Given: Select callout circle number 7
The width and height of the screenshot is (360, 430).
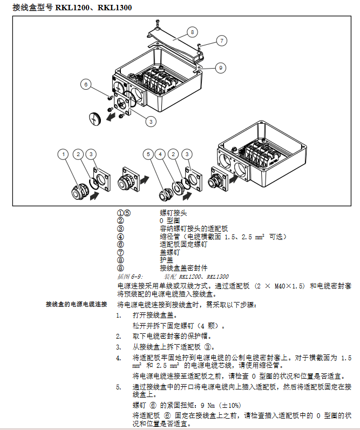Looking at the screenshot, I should click(221, 40).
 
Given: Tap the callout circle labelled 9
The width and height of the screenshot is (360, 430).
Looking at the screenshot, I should click(220, 68).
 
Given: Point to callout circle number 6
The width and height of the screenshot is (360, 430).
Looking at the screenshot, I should click(86, 84).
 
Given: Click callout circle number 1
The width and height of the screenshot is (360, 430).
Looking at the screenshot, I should click(64, 154).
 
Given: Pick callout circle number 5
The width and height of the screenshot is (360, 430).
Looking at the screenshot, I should click(148, 154).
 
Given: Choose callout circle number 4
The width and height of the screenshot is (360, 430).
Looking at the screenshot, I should click(160, 154).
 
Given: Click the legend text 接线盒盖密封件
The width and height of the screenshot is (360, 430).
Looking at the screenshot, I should click(184, 267).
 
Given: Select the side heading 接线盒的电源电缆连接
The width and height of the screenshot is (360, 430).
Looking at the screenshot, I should click(77, 305).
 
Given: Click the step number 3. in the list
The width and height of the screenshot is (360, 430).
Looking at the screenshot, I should click(119, 347).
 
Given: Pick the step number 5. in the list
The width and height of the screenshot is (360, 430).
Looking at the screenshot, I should click(119, 387).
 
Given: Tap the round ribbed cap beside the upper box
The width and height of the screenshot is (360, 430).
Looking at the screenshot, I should click(96, 117).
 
